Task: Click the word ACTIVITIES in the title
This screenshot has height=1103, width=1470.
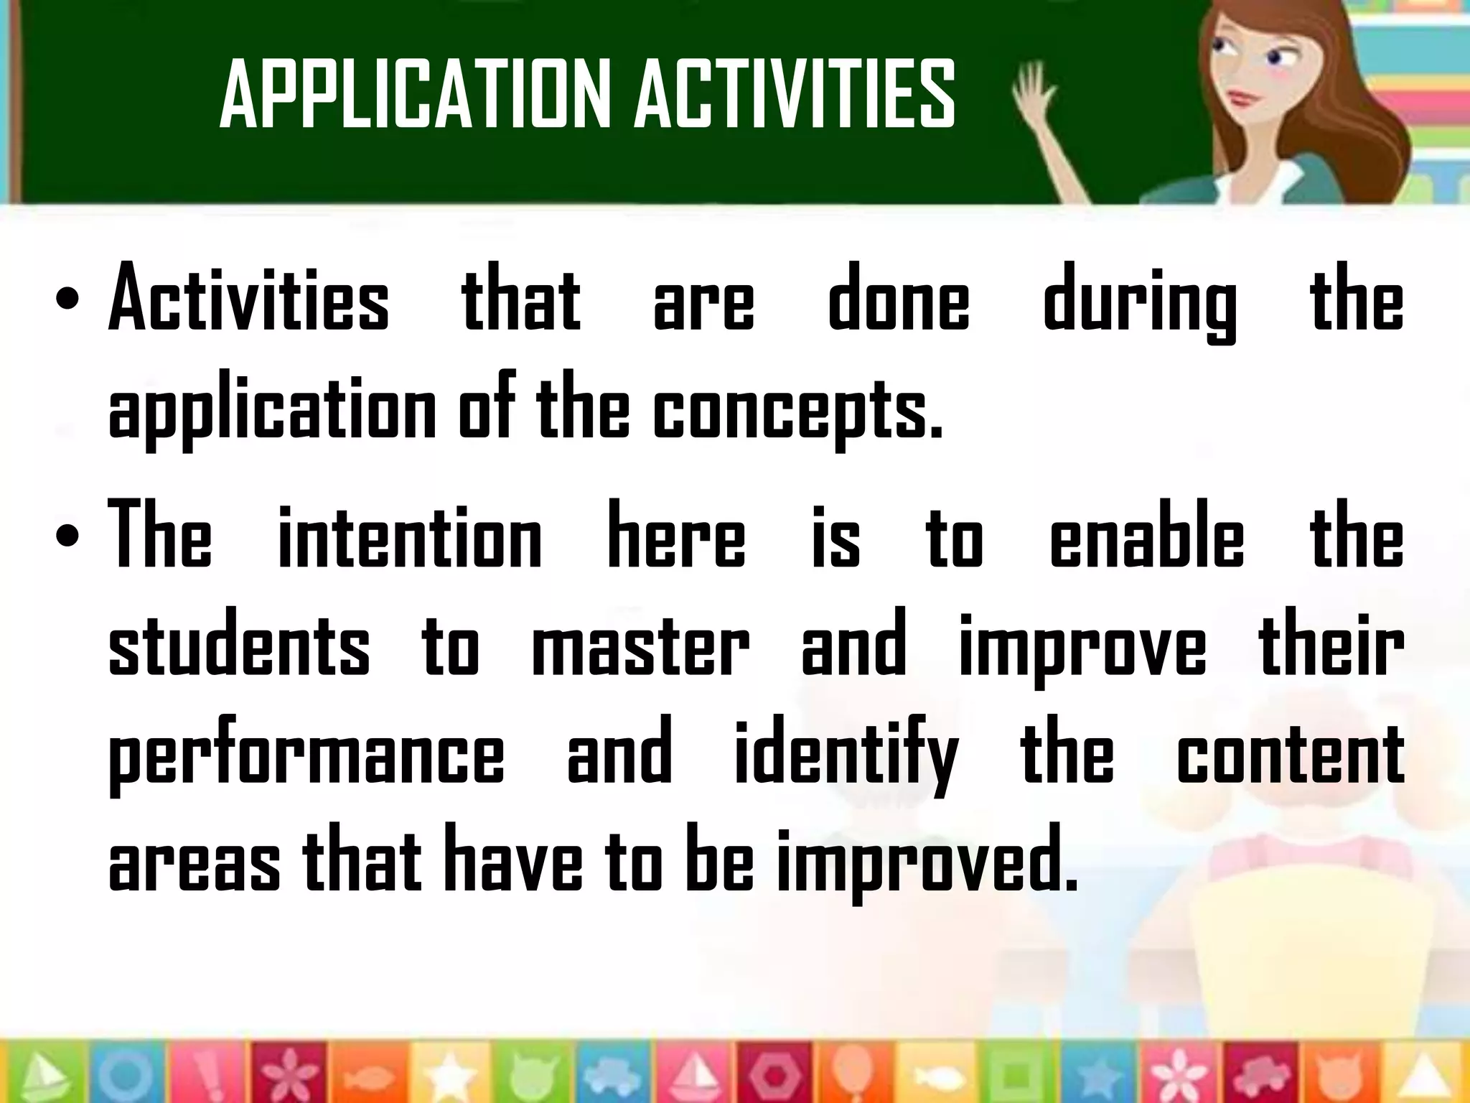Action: click(x=795, y=95)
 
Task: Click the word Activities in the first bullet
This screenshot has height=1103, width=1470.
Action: click(x=248, y=298)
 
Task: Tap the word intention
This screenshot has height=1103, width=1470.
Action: click(x=410, y=536)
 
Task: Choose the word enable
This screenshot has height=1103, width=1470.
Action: click(x=1146, y=536)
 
